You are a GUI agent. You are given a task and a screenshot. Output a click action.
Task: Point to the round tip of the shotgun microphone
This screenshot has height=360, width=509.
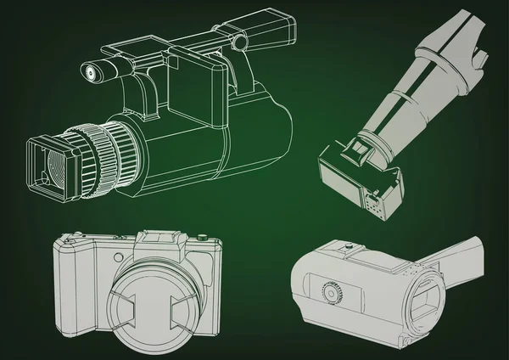pyautogui.click(x=87, y=72)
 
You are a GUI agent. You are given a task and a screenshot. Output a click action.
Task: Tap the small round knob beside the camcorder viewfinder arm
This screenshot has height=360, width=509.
pyautogui.click(x=241, y=40)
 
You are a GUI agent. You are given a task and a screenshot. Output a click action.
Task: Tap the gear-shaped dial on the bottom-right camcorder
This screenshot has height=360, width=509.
pyautogui.click(x=333, y=293)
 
